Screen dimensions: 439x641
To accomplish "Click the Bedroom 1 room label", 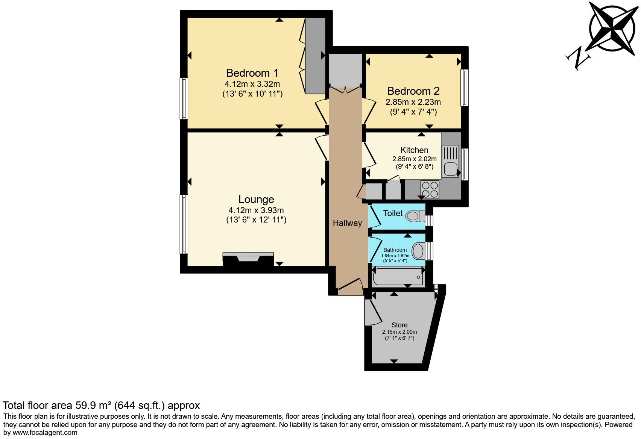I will (x=252, y=73).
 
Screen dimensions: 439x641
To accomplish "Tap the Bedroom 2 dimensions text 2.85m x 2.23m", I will (x=413, y=102).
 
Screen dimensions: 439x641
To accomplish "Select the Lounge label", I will (x=256, y=199).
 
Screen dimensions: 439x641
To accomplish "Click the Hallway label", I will (x=347, y=223).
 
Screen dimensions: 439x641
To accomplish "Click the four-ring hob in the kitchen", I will (x=430, y=189).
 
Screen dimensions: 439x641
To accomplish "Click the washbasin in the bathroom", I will (x=418, y=251).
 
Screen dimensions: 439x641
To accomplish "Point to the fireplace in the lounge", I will (x=248, y=259).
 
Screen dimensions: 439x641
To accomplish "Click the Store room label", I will (x=399, y=325).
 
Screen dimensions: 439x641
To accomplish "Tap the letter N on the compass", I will (x=578, y=59).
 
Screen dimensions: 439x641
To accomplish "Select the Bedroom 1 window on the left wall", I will (x=184, y=98).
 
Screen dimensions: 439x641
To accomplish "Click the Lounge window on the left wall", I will (x=184, y=224).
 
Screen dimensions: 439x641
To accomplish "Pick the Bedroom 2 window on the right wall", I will (x=465, y=88).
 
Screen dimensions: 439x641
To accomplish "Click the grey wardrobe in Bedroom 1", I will (x=315, y=56).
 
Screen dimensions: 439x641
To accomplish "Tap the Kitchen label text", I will (x=414, y=150).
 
